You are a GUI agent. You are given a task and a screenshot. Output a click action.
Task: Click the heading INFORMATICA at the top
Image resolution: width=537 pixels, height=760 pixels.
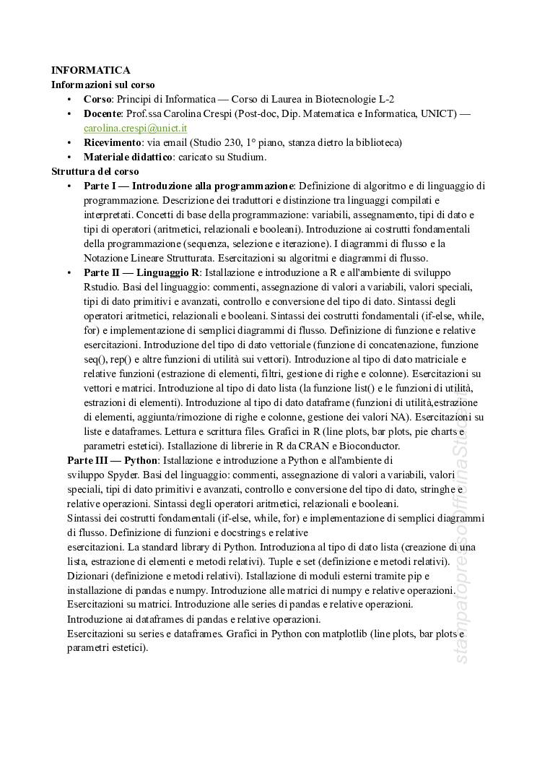90,70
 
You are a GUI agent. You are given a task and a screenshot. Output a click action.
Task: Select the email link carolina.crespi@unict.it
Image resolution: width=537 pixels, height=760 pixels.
135,128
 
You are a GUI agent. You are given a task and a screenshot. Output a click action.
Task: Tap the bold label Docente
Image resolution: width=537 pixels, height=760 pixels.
102,113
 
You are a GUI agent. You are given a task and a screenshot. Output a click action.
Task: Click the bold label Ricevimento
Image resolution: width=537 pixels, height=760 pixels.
110,142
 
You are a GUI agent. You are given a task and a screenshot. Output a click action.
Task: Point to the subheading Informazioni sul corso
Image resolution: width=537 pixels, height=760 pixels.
102,85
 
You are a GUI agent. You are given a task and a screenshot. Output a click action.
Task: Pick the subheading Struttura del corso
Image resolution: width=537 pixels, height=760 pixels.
95,171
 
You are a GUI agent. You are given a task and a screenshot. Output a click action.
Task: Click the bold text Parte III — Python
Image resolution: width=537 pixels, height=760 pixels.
113,459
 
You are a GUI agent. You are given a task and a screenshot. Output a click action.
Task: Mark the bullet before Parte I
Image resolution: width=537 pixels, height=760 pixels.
69,186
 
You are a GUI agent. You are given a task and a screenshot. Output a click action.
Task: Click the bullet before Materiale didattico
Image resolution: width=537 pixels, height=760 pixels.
69,157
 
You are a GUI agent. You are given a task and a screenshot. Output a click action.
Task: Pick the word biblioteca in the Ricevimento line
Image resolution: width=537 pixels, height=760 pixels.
375,142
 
